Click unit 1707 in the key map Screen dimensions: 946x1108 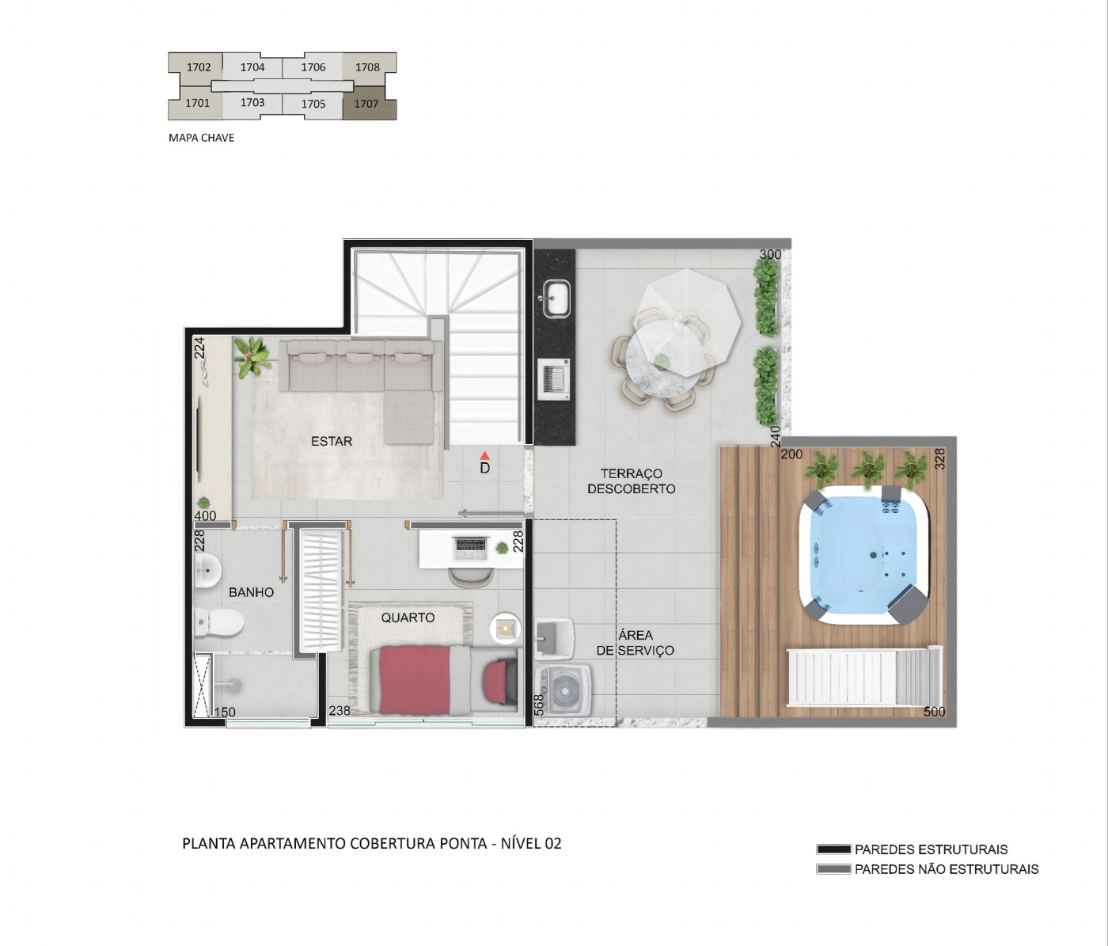(x=366, y=104)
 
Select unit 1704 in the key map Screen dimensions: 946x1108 (x=252, y=67)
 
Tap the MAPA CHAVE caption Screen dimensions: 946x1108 (x=201, y=138)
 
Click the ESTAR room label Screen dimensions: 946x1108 (x=332, y=441)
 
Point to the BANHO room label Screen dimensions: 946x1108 (x=251, y=592)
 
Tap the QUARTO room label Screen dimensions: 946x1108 (x=408, y=617)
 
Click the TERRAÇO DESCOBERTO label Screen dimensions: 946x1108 (x=631, y=481)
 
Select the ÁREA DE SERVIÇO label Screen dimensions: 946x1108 (x=636, y=643)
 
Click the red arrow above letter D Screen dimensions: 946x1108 (x=485, y=456)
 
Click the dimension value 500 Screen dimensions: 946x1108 (x=934, y=712)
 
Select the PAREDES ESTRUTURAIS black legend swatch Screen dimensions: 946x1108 (x=833, y=849)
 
